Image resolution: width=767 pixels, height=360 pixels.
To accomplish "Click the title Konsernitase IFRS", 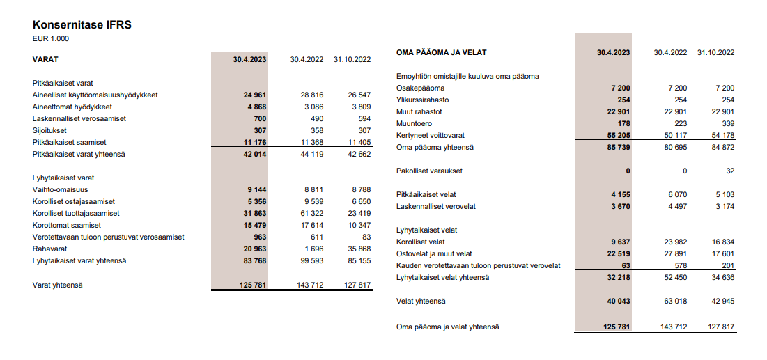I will click(82, 25).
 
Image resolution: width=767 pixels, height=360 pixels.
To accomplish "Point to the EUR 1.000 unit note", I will click(51, 39).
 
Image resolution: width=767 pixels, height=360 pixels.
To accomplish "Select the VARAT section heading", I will click(45, 60).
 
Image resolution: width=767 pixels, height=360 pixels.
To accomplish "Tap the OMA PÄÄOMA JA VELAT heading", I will click(441, 52).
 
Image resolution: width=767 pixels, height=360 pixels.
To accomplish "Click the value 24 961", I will click(254, 95).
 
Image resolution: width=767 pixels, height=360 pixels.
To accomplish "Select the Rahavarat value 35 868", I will click(357, 249).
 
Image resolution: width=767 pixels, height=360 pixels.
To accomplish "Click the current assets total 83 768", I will click(254, 261).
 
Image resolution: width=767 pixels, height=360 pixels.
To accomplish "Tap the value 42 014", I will click(254, 154).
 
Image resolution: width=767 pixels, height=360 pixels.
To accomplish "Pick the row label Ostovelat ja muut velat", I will click(434, 253).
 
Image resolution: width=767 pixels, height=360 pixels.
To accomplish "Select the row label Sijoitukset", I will click(49, 130).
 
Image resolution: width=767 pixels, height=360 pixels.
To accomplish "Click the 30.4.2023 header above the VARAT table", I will click(250, 60).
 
